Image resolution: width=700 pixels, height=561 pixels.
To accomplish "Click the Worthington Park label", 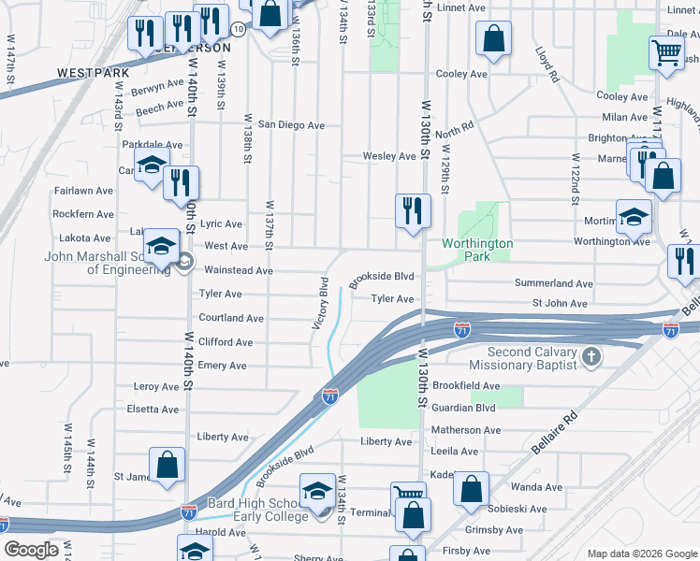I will click(478, 249).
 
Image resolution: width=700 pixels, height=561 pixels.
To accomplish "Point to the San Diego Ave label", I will click(291, 124).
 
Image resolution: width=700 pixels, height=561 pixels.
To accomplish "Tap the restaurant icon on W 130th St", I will click(412, 210).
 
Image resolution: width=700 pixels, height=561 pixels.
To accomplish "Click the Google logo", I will click(31, 550).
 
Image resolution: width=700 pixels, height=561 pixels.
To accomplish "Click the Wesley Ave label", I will click(388, 156).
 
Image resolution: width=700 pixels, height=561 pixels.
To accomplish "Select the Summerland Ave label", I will click(554, 283).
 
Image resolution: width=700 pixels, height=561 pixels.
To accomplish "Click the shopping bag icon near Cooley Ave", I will click(492, 39).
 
